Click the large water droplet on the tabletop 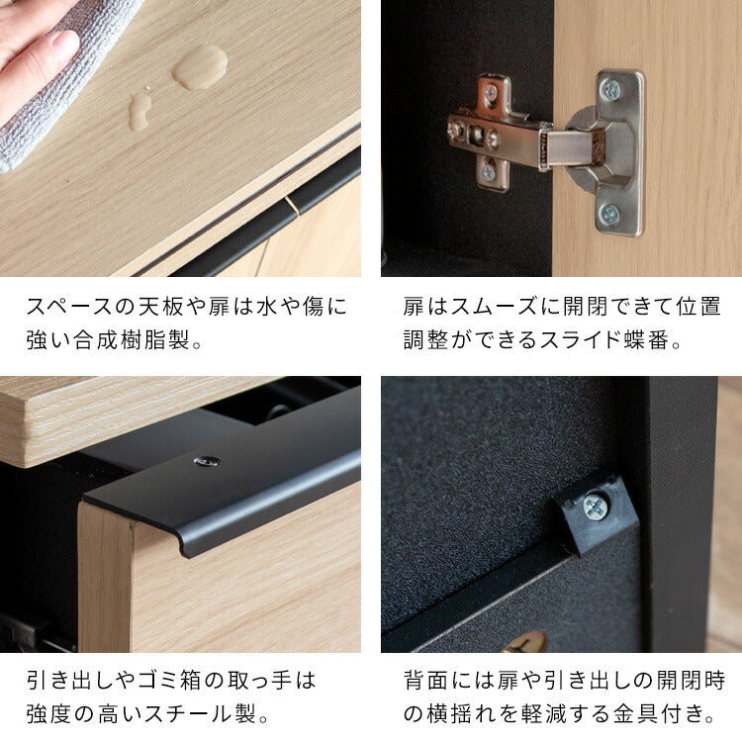click(x=200, y=66)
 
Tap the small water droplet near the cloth click(x=140, y=110)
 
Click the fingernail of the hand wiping click(x=65, y=44)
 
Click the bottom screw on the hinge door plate click(x=610, y=213)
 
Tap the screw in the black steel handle click(x=207, y=461)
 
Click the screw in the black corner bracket click(x=597, y=507)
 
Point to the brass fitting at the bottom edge click(x=524, y=643)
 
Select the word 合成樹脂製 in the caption click(x=132, y=341)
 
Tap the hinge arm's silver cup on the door click(x=584, y=148)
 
